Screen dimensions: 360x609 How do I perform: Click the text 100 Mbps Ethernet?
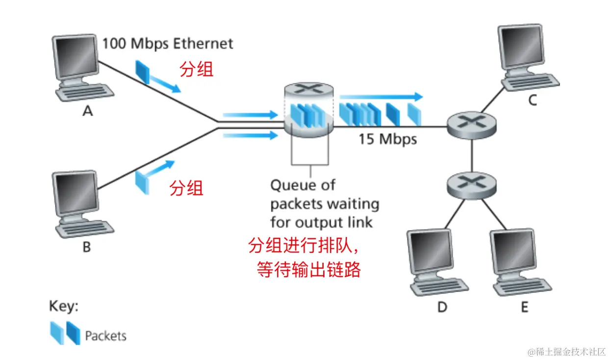click(167, 44)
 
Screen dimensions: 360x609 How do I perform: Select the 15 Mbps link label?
click(387, 139)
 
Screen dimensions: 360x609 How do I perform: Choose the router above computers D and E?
click(471, 184)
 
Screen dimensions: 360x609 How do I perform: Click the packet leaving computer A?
click(143, 72)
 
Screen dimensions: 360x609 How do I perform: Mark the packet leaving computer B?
click(142, 180)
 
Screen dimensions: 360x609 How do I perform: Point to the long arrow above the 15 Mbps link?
click(381, 96)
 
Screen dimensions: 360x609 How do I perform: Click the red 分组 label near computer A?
click(197, 70)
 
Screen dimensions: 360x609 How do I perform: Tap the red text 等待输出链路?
click(309, 269)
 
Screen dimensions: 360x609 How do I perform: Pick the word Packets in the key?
click(105, 336)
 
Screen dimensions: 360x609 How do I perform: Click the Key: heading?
click(63, 307)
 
